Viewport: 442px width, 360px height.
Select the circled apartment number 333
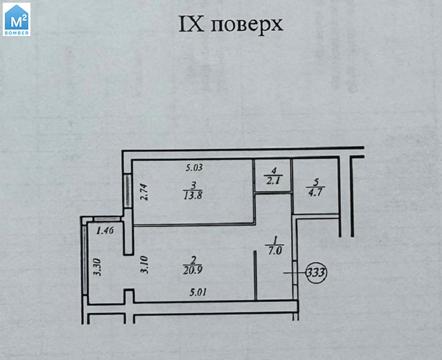317,272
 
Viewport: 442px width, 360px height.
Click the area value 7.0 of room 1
275,250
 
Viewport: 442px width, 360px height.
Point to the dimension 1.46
104,231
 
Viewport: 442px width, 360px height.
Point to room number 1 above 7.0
275,241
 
